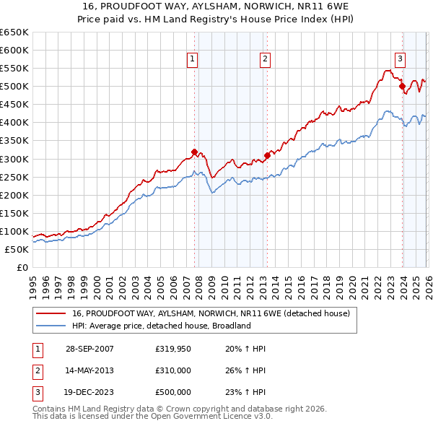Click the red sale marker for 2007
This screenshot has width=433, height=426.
pos(194,152)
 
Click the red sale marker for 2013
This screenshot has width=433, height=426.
pos(267,155)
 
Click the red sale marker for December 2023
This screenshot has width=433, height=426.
pos(402,86)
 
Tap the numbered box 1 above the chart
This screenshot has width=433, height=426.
pos(193,60)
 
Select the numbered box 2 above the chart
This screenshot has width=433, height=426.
pos(266,60)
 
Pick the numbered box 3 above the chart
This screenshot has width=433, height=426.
pos(400,60)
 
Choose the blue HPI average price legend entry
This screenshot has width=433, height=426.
pos(161,326)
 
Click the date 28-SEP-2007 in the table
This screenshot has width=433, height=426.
pos(89,349)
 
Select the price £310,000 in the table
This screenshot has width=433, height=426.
pos(172,370)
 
